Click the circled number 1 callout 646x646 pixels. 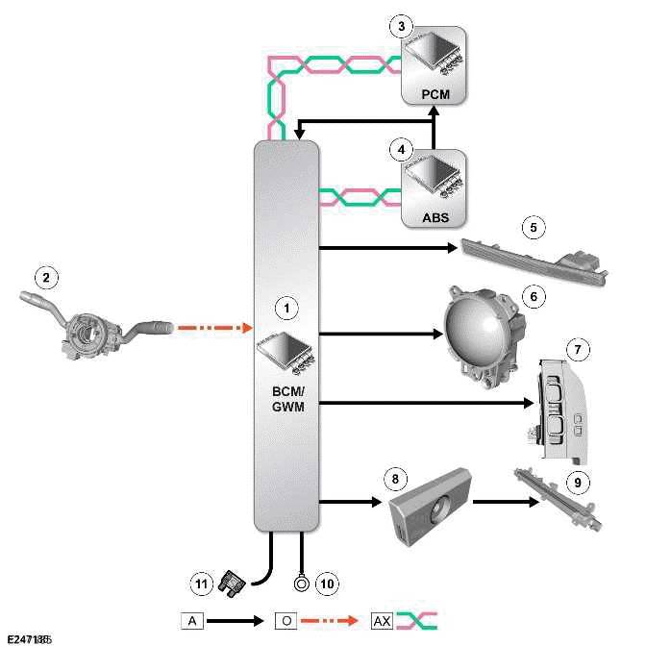[x=285, y=308]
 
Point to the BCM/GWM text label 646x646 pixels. [x=285, y=400]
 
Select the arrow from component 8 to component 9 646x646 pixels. [x=504, y=501]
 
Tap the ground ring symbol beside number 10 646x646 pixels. [x=301, y=583]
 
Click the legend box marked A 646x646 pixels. [x=192, y=621]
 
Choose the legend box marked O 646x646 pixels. [x=285, y=621]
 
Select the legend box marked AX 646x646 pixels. [x=381, y=621]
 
